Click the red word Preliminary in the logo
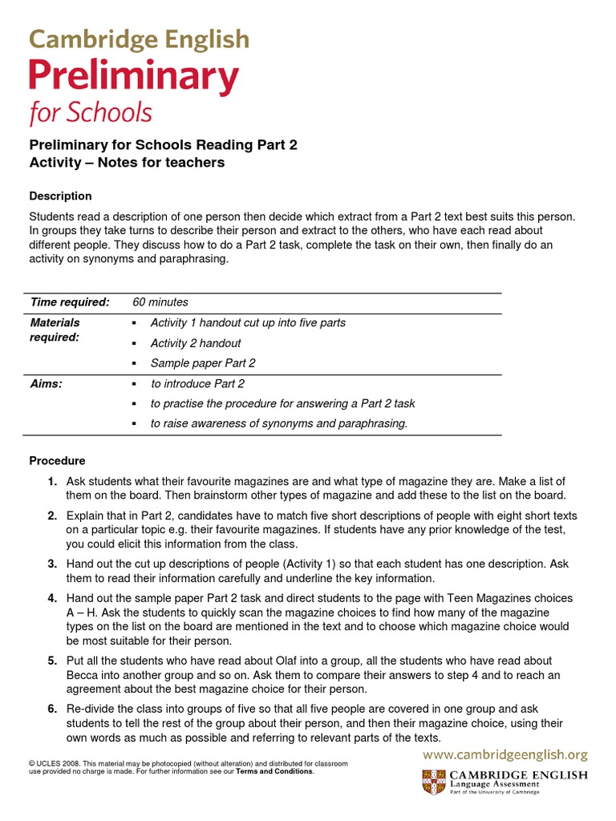[134, 77]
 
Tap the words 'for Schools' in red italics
[91, 113]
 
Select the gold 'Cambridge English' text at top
[140, 38]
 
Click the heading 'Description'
[60, 196]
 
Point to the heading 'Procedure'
[57, 461]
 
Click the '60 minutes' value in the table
[160, 302]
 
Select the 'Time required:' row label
[70, 302]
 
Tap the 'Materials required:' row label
[55, 330]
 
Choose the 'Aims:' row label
[47, 383]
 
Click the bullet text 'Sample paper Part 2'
[203, 362]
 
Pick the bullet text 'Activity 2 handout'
[196, 343]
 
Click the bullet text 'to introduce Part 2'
[197, 383]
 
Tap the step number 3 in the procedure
[51, 564]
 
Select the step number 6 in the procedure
[51, 710]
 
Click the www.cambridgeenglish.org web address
[505, 754]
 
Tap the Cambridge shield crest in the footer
[434, 782]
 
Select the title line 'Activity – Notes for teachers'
[127, 163]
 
